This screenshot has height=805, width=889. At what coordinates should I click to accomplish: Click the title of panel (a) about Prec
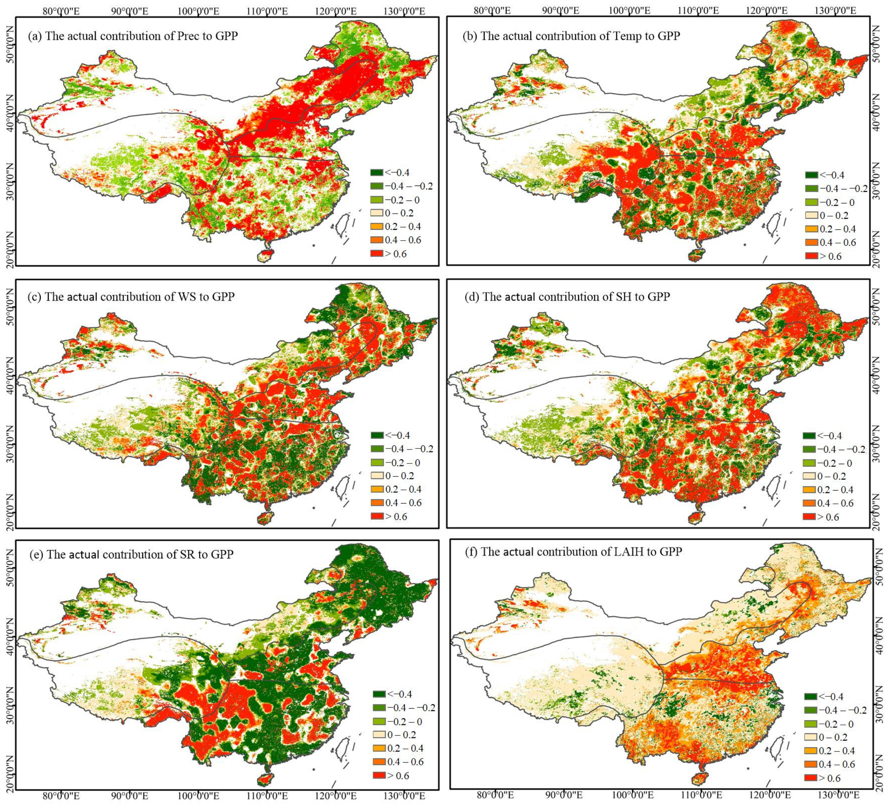[x=133, y=36]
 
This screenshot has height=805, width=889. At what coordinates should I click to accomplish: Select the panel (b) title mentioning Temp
[x=571, y=36]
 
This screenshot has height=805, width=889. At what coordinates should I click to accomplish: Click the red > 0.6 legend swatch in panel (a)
[x=377, y=254]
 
